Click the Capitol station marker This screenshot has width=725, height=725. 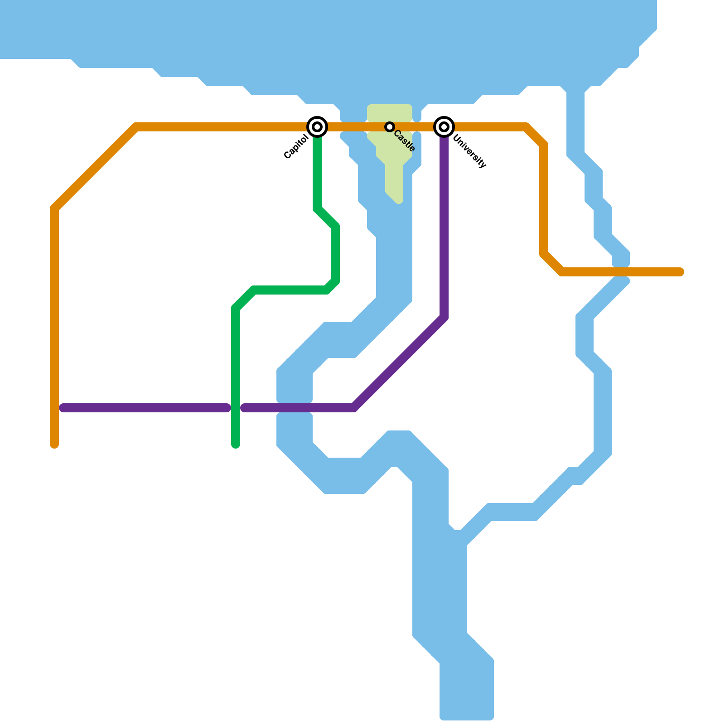pos(317,127)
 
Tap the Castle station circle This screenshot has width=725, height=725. pos(390,127)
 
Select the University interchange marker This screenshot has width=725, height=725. pos(444,127)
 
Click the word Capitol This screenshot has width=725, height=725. pos(296,147)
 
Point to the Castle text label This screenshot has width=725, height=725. pos(405,141)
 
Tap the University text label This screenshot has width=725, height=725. pos(469,151)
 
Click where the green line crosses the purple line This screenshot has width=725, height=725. pos(236,408)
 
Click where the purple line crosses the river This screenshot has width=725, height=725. pos(295,408)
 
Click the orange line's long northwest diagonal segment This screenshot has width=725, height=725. pos(95,168)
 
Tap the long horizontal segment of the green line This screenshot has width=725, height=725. pos(290,290)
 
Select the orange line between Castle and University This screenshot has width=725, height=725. pos(417,127)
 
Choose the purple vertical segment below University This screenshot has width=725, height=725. pos(444,227)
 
